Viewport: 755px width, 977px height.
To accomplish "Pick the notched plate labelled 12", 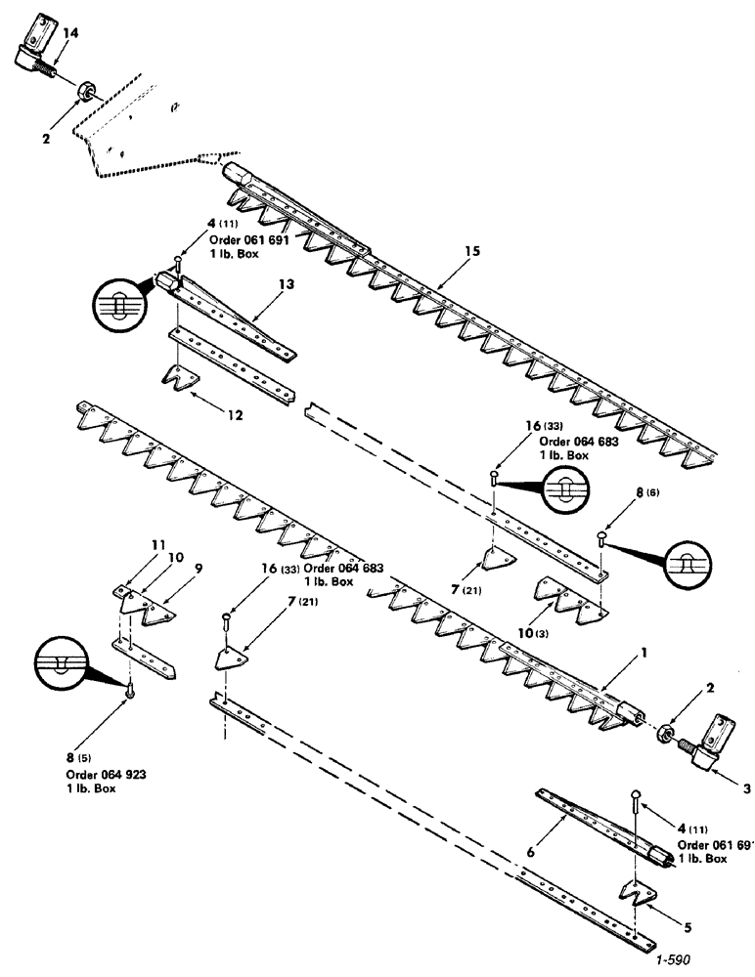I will (178, 375).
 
